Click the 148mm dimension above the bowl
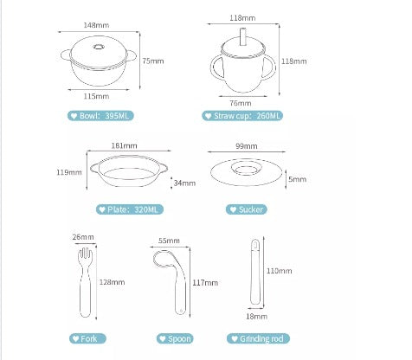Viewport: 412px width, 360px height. [96, 25]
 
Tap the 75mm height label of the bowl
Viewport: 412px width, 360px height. [153, 61]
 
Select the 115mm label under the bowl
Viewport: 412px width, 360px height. [96, 96]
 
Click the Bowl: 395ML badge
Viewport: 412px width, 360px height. [100, 116]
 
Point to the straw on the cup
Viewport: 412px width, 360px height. [243, 36]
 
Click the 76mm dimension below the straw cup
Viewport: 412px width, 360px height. [241, 103]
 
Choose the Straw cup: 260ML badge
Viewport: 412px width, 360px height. [242, 116]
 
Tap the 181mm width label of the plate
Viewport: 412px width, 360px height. [124, 145]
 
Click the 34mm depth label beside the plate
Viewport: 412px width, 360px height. [184, 183]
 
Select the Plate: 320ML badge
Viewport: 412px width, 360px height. [130, 209]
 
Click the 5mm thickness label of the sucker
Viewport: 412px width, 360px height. [297, 179]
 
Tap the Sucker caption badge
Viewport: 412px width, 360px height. [247, 209]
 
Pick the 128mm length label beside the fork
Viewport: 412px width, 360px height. [112, 282]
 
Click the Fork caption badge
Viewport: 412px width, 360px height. [87, 338]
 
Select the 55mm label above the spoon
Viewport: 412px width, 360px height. [169, 241]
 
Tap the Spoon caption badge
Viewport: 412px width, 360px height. [175, 338]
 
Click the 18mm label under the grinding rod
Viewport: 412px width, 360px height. [256, 317]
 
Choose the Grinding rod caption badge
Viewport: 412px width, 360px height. [258, 338]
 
